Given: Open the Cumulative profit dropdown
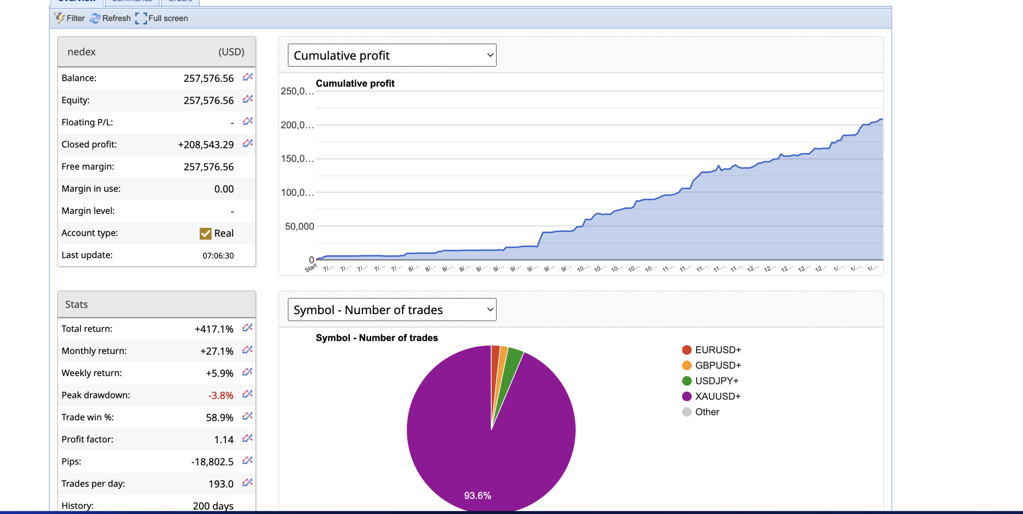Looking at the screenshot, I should click(x=392, y=55).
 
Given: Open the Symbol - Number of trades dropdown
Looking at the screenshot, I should click(x=392, y=310).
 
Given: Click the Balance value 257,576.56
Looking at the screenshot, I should click(x=208, y=78).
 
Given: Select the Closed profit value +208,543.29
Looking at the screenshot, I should click(x=205, y=145).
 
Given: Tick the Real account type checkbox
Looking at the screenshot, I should click(x=205, y=233).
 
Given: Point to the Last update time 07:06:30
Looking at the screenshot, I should click(x=218, y=256).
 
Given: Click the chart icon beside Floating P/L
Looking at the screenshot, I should click(x=247, y=121).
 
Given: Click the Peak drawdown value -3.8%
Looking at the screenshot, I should click(x=220, y=396).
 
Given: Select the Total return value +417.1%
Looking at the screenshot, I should click(x=214, y=329).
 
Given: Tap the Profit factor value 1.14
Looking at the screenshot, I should click(x=223, y=440).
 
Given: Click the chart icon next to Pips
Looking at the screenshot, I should click(x=247, y=460).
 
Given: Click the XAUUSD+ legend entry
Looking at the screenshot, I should click(x=717, y=396).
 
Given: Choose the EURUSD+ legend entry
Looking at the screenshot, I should click(x=718, y=350).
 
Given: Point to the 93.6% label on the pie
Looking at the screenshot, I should click(x=478, y=496).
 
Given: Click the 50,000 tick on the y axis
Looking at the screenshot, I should click(x=299, y=227).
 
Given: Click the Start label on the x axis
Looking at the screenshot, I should click(x=310, y=268).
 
